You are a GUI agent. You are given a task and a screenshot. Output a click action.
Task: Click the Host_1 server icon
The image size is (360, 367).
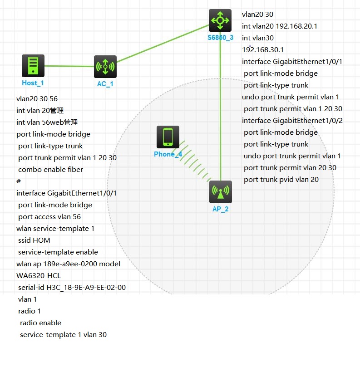pos(33,66)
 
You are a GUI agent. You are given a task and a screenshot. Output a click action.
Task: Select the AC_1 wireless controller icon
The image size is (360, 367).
pos(105,67)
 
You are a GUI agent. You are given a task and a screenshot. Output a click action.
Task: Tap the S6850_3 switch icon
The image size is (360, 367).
pos(220,20)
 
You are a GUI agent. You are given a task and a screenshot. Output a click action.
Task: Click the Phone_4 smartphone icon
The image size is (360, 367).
pos(168,137)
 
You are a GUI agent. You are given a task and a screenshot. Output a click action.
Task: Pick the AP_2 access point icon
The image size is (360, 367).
pos(221,192)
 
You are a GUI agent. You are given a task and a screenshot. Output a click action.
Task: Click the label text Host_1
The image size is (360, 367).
pos(33,83)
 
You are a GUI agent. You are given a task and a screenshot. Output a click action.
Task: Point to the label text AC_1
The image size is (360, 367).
pos(105,84)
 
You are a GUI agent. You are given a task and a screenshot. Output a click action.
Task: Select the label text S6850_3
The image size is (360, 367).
pos(220,38)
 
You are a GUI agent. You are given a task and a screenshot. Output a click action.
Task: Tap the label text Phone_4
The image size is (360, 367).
pos(168,154)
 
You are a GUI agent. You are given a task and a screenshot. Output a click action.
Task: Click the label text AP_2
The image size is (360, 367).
pos(220,209)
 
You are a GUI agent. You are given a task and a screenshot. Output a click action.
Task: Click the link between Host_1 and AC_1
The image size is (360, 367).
pos(69,66)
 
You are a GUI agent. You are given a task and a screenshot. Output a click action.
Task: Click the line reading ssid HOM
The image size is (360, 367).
pos(34,240)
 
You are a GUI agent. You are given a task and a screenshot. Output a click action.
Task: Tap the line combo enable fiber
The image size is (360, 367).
pos(50,170)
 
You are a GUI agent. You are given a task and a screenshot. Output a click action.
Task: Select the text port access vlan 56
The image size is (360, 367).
pos(49,217)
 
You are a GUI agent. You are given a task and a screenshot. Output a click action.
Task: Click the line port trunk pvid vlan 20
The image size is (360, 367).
pos(281,180)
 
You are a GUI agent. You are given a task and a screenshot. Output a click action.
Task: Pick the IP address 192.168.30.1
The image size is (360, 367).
pos(263,50)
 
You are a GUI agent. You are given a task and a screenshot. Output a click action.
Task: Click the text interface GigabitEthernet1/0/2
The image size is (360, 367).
pos(292,121)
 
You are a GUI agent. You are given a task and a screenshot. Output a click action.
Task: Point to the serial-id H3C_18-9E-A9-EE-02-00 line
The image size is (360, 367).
pos(72,288)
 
